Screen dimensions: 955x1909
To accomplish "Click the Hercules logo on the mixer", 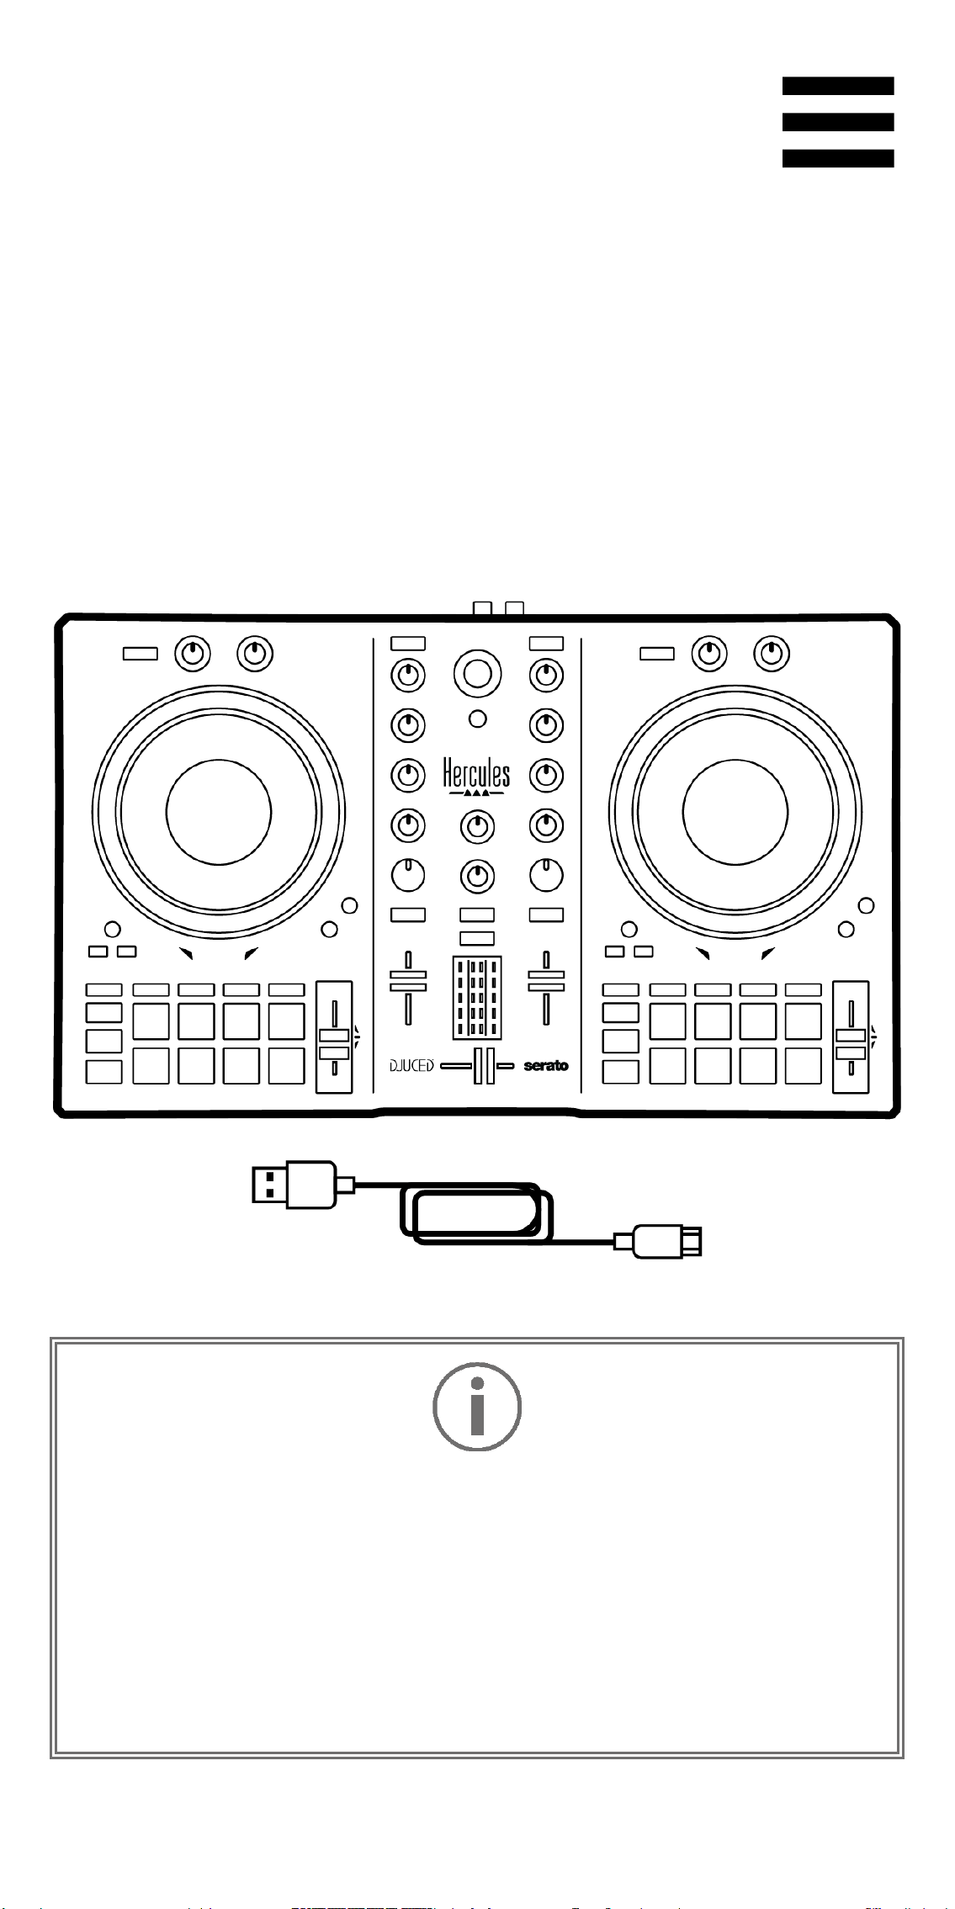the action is point(476,777).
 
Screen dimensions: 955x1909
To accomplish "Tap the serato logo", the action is point(546,1066).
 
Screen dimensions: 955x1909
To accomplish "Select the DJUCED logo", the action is point(411,1066).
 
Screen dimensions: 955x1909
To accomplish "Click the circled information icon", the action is point(477,1406).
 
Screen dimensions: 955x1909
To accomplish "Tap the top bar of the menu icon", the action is point(838,86).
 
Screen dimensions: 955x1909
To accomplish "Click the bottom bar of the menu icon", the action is point(838,158).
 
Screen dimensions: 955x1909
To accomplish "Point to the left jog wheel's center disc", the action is point(219,812).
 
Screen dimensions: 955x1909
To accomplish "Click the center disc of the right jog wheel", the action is point(735,812).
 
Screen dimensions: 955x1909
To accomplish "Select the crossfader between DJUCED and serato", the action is point(477,1066).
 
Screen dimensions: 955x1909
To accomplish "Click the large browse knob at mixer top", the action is point(477,673).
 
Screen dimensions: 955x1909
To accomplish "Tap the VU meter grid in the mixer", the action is point(477,998).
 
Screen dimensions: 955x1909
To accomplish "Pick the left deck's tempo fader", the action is point(334,1037).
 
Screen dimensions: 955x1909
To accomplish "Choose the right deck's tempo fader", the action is point(851,1037).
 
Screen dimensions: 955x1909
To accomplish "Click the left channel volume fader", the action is point(408,987).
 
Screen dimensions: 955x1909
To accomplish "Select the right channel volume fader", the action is point(546,987).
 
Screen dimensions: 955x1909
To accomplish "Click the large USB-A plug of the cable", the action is point(294,1185).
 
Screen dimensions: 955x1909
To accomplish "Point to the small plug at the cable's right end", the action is point(666,1242).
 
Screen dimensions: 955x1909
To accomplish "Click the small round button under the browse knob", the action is point(477,719).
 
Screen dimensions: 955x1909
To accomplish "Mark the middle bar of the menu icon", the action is point(838,122).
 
